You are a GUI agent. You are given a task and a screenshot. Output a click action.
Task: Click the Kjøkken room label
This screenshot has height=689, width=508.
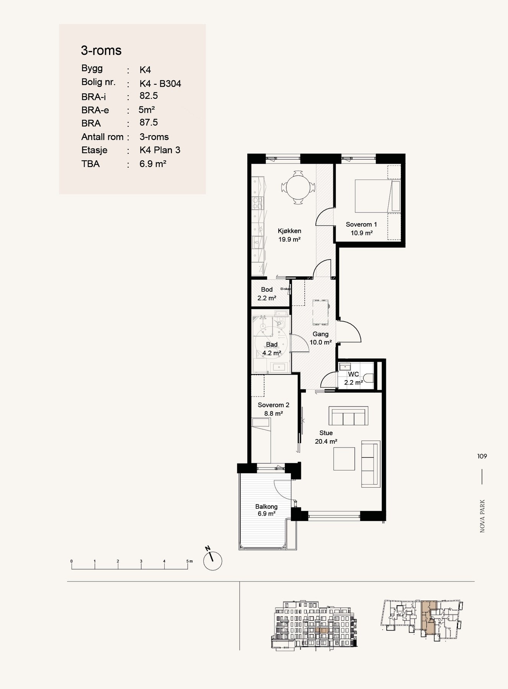(x=289, y=231)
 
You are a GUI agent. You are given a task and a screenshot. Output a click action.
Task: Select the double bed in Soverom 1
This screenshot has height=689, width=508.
(x=377, y=196)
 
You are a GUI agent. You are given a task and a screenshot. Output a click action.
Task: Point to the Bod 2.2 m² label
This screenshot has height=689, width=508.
(x=267, y=294)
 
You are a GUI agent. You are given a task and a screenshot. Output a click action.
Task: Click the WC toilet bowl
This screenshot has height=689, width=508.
(x=368, y=378)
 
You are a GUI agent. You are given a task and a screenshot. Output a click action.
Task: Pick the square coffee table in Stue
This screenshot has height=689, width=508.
(x=344, y=459)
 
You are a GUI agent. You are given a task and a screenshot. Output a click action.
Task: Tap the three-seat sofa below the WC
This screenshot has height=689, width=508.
(x=348, y=416)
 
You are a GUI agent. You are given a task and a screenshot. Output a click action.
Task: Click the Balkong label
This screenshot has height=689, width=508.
(x=266, y=506)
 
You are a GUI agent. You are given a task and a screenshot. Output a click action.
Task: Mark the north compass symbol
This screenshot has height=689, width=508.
(x=212, y=560)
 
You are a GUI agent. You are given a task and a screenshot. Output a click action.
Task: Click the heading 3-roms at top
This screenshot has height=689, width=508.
(x=101, y=50)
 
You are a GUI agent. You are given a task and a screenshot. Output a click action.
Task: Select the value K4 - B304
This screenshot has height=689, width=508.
(x=160, y=83)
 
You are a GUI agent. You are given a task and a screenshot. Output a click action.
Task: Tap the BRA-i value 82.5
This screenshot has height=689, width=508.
(x=149, y=96)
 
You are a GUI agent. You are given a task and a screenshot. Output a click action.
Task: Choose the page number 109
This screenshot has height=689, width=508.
(x=482, y=456)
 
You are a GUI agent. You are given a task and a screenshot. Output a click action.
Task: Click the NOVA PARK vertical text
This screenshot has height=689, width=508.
(x=482, y=516)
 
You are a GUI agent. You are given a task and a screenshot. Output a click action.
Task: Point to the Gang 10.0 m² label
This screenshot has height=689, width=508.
(x=320, y=338)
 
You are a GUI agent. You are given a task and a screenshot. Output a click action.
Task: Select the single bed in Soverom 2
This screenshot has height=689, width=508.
(x=261, y=441)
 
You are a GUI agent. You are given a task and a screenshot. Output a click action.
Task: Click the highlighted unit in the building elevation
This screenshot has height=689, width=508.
(x=323, y=630)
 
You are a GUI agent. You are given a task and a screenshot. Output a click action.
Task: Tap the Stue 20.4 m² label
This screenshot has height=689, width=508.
(x=326, y=437)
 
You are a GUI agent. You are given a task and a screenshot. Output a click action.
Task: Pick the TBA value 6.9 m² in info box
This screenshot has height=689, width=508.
(x=153, y=164)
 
